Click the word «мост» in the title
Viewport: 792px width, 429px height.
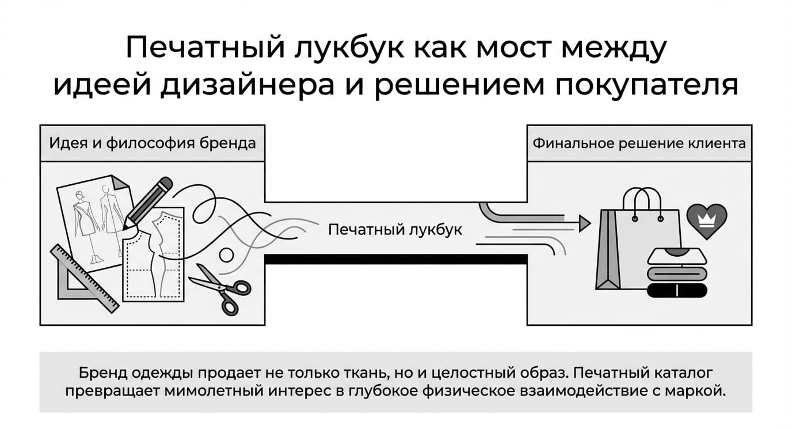click(x=513, y=48)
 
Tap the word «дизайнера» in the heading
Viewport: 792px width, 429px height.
click(x=247, y=86)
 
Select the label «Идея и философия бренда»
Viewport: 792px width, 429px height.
click(x=153, y=143)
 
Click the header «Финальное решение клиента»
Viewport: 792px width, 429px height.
click(x=639, y=143)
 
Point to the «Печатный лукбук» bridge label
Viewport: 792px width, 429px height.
click(x=395, y=230)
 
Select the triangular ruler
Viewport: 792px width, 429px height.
click(x=84, y=279)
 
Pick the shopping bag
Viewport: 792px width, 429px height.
click(x=638, y=241)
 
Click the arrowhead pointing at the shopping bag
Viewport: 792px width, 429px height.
click(x=585, y=223)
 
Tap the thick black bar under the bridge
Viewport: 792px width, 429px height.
click(x=396, y=259)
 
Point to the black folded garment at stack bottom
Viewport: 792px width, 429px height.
click(x=677, y=290)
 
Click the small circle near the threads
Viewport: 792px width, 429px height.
click(x=227, y=255)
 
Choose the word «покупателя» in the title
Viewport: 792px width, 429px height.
click(x=647, y=86)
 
